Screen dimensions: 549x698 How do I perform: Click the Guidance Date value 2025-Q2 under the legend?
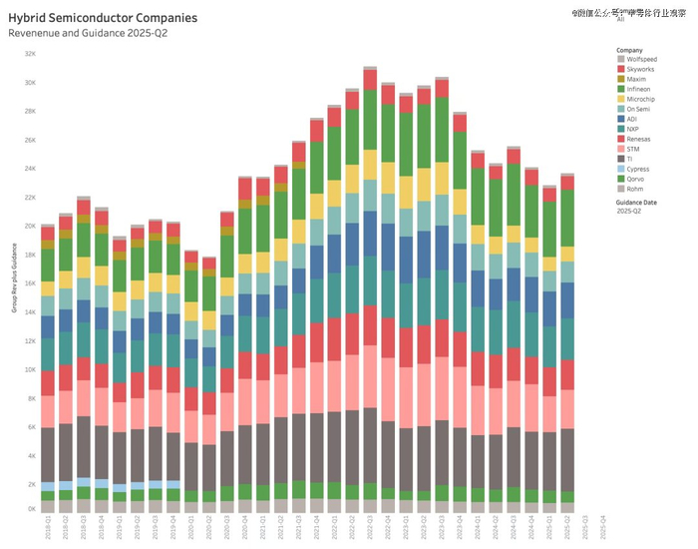click(628, 212)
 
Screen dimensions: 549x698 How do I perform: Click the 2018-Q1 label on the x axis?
click(48, 525)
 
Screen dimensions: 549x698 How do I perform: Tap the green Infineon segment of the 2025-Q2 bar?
click(567, 218)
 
